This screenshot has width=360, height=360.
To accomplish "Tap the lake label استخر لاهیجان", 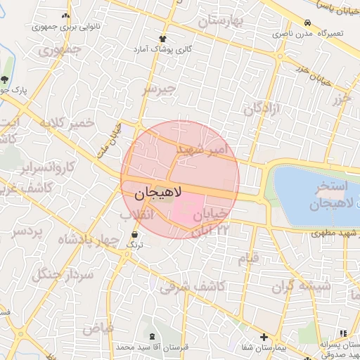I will pos(326,196).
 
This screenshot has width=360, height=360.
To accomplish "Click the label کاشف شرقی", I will pos(191,286).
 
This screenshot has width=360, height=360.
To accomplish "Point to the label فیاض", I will pos(98,328).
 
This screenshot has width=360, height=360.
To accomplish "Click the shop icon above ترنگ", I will pos(134,233).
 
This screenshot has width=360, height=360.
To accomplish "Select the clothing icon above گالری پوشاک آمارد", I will pos(163,39).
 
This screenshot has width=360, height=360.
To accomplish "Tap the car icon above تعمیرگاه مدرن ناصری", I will pos(308,22).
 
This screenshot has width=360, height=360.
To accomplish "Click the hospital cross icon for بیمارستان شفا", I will pos(264,337).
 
